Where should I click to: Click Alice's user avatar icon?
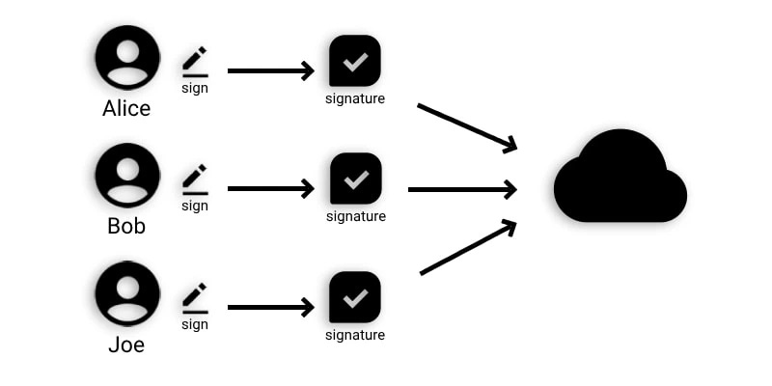coord(127,58)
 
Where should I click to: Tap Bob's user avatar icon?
coord(127,176)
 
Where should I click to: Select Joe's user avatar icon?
coord(127,293)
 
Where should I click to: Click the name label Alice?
coord(126,108)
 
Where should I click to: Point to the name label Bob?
coord(126,227)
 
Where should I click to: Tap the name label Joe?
coord(126,345)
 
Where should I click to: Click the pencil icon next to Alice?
coord(195,60)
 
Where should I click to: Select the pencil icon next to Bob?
coord(195,178)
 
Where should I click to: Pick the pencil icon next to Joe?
coord(195,295)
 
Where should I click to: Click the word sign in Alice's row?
coord(195,88)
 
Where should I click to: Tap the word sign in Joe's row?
coord(195,324)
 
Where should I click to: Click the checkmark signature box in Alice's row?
coord(355,61)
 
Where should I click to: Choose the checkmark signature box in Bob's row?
coord(355,179)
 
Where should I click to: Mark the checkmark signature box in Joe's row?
coord(355,297)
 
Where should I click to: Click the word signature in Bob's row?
coord(355,216)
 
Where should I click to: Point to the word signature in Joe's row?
coord(355,335)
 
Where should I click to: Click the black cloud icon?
coord(620,179)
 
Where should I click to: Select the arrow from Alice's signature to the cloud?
coord(467,126)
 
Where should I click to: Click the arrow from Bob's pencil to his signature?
coord(270,189)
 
